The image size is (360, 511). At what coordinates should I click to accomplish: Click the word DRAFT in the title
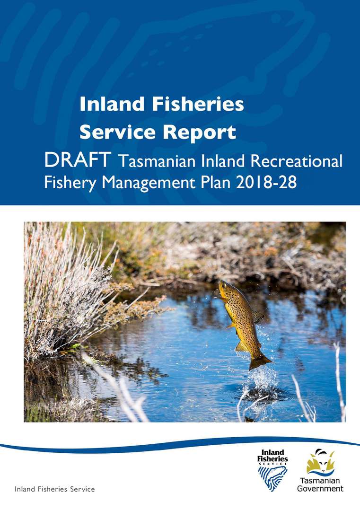tap(78, 160)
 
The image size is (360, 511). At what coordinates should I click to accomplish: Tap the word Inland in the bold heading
tap(106, 104)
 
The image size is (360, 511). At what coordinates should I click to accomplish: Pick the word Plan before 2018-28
tap(214, 182)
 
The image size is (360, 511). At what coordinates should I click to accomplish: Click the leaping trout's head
tap(226, 289)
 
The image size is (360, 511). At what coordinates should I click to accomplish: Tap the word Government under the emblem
tap(320, 488)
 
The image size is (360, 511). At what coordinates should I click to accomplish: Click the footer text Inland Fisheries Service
tap(55, 489)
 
